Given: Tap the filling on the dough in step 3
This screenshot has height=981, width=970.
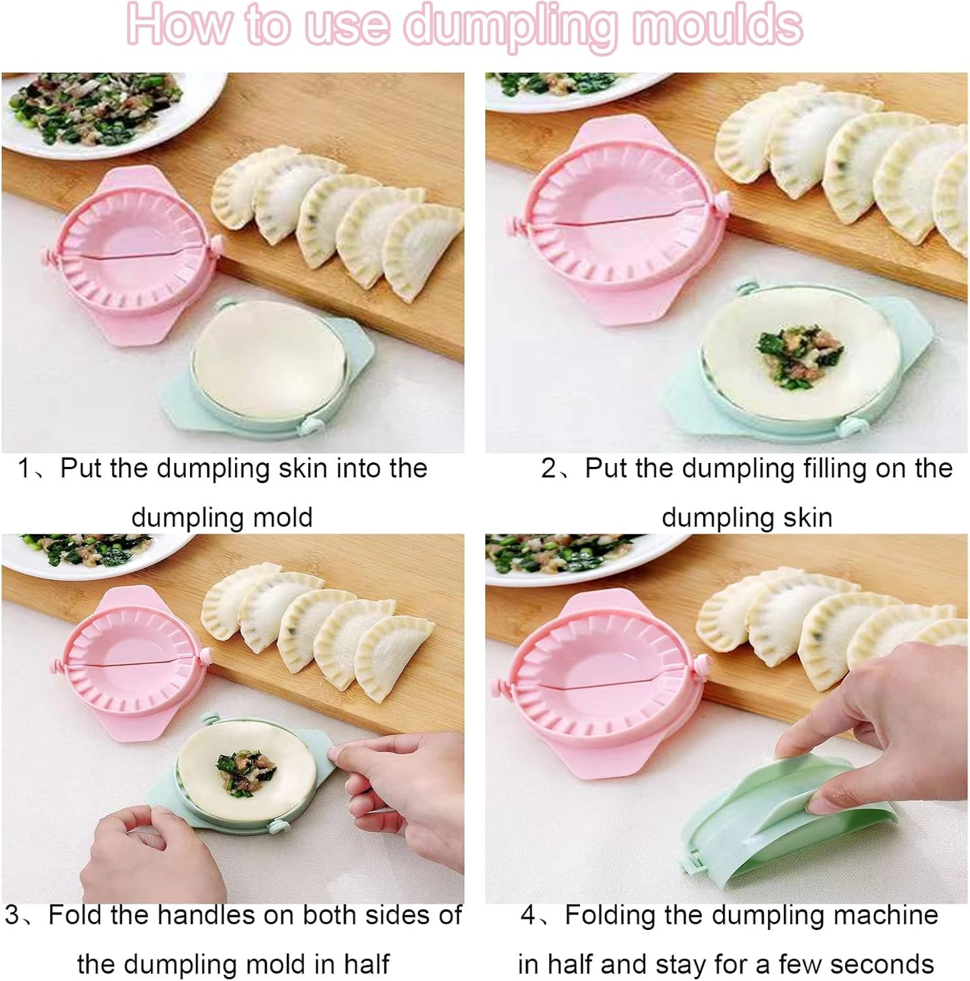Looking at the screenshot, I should point(246,773).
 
